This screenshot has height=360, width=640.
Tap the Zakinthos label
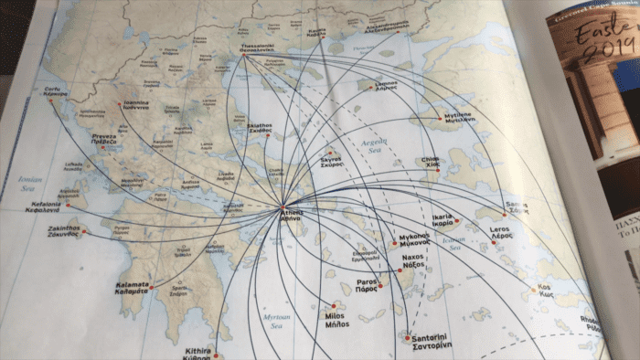64,230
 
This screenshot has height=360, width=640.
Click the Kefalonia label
42,206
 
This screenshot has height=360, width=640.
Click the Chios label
430,163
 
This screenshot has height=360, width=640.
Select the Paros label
367,283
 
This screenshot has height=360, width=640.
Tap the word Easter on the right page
600,37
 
